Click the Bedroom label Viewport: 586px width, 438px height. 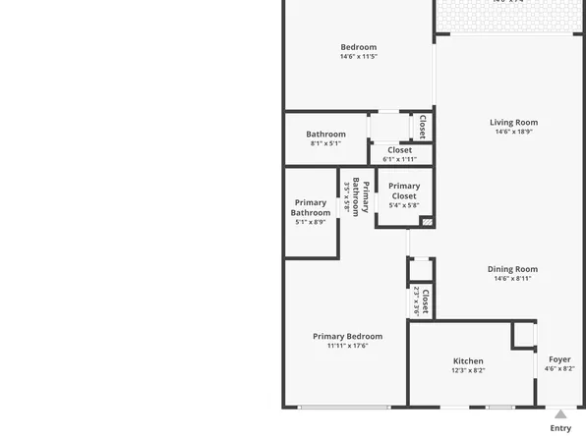point(359,47)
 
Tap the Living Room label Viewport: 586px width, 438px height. point(514,123)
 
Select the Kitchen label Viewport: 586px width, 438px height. point(468,361)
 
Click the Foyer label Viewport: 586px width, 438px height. point(558,359)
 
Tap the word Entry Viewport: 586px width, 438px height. point(560,428)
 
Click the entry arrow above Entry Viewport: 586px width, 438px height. point(560,414)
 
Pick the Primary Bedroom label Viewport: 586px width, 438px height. point(348,337)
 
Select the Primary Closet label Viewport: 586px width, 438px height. point(404,191)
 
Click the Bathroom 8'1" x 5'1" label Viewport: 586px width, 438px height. point(325,135)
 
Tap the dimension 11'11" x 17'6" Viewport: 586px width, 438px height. point(348,346)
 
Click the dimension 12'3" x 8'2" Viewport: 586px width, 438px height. point(468,370)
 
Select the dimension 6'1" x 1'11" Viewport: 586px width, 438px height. point(399,159)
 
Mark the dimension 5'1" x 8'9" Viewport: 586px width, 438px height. point(311,222)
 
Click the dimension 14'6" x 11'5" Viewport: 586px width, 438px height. point(359,57)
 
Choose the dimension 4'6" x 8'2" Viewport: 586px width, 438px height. point(559,369)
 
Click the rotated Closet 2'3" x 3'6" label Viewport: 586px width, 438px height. point(421,301)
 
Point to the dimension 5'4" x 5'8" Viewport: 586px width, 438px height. point(404,205)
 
